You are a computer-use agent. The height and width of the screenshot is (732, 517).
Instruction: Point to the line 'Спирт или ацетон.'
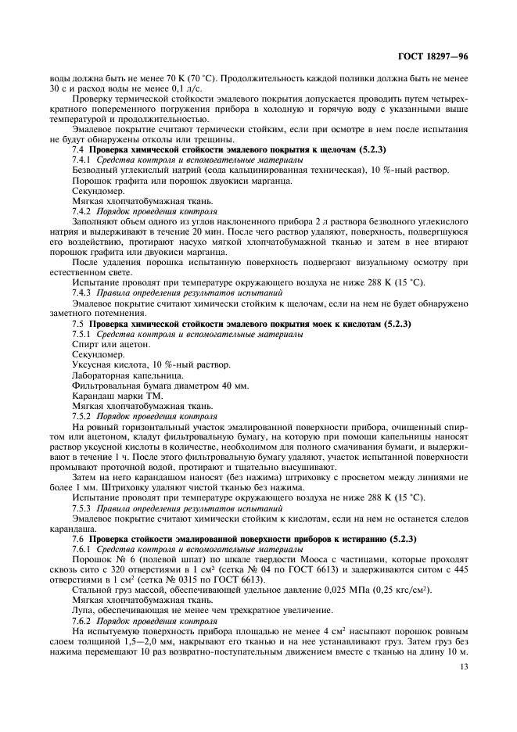(x=104, y=344)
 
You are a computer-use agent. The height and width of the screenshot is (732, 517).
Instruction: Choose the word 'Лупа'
(x=84, y=609)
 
